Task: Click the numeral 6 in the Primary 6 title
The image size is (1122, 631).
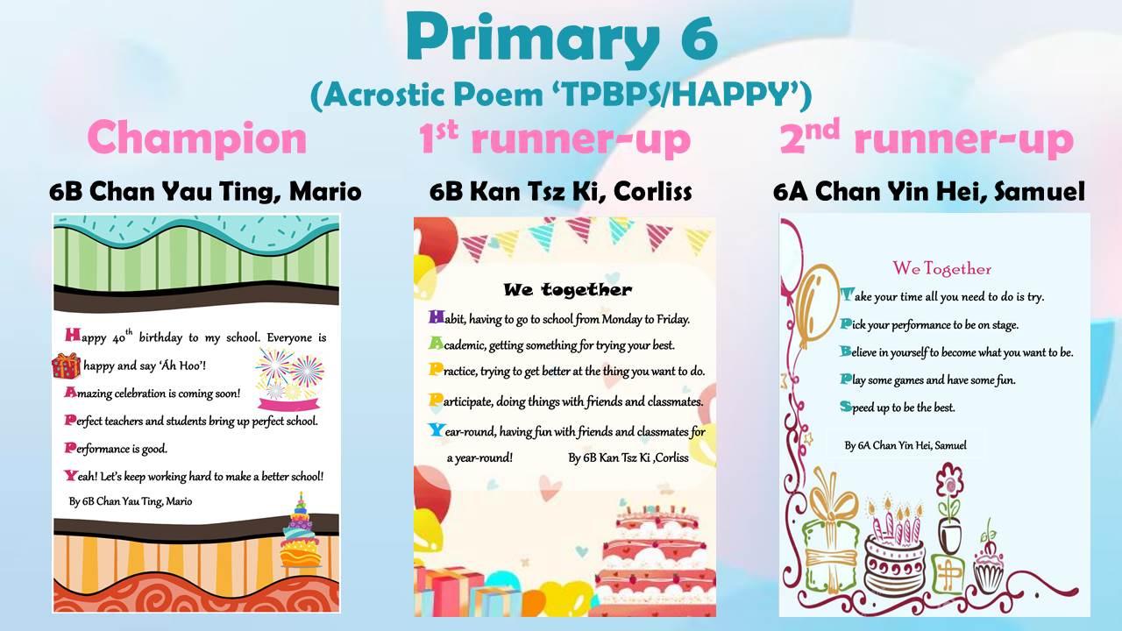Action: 699,37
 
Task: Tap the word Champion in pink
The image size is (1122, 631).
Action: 197,138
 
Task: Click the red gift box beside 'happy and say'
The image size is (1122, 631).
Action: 66,365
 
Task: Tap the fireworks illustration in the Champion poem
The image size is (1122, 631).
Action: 289,373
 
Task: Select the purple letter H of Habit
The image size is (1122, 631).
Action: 437,317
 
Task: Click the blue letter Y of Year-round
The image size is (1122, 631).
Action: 437,429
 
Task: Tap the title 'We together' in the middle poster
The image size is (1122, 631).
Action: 567,289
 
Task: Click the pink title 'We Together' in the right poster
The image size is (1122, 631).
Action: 941,268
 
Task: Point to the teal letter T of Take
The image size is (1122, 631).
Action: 847,295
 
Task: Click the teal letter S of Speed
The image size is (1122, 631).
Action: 846,406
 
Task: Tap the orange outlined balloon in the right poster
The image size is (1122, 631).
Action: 816,307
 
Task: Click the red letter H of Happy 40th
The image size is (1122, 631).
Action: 73,335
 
